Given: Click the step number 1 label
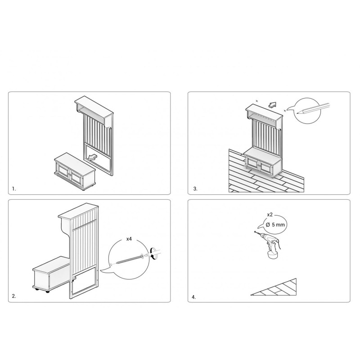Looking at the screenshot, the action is pyautogui.click(x=14, y=189).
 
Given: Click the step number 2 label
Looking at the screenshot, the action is pyautogui.click(x=14, y=296).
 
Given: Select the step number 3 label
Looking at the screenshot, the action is pyautogui.click(x=195, y=189).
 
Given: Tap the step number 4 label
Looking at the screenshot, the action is pyautogui.click(x=194, y=297).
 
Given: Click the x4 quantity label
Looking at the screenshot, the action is pyautogui.click(x=129, y=239).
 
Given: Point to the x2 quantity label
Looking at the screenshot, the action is pyautogui.click(x=270, y=215).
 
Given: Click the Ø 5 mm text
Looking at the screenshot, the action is pyautogui.click(x=275, y=225).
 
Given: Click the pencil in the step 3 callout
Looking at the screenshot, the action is pyautogui.click(x=313, y=108).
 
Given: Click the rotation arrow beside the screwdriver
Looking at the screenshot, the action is pyautogui.click(x=152, y=253).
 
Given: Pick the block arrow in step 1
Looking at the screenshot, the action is pyautogui.click(x=92, y=157).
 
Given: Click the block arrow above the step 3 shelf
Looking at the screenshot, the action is pyautogui.click(x=272, y=105).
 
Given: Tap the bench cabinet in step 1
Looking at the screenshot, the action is pyautogui.click(x=75, y=171).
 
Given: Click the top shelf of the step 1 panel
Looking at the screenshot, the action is pyautogui.click(x=94, y=110).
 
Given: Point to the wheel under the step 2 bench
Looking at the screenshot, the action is pyautogui.click(x=48, y=292).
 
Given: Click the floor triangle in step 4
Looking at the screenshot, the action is pyautogui.click(x=275, y=288).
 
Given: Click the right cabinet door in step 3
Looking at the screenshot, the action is pyautogui.click(x=266, y=167).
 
